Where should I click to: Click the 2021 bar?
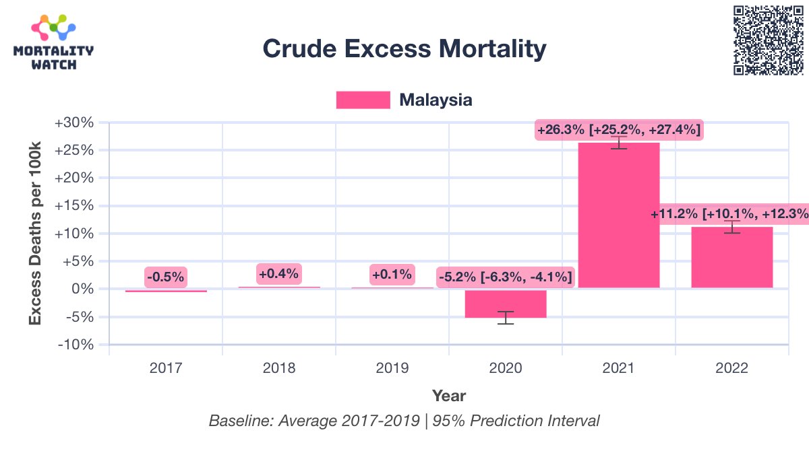pos(619,215)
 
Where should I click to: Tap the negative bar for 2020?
pos(506,304)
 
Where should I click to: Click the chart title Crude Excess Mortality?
pos(404,49)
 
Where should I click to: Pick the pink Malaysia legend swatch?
pos(363,100)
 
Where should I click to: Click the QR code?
pos(768,40)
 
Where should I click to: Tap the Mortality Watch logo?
pos(53,43)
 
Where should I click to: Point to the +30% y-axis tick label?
pos(75,123)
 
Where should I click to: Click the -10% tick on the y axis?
pos(77,345)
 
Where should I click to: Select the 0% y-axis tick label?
pos(84,289)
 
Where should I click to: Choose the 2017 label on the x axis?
pos(166,368)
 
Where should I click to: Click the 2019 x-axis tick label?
pos(392,368)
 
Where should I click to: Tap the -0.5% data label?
pos(166,277)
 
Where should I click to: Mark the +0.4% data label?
pos(279,273)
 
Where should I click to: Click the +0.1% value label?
pos(392,274)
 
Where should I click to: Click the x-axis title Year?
pos(449,396)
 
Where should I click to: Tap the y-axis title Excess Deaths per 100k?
pos(35,234)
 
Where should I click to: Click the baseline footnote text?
pos(404,421)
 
